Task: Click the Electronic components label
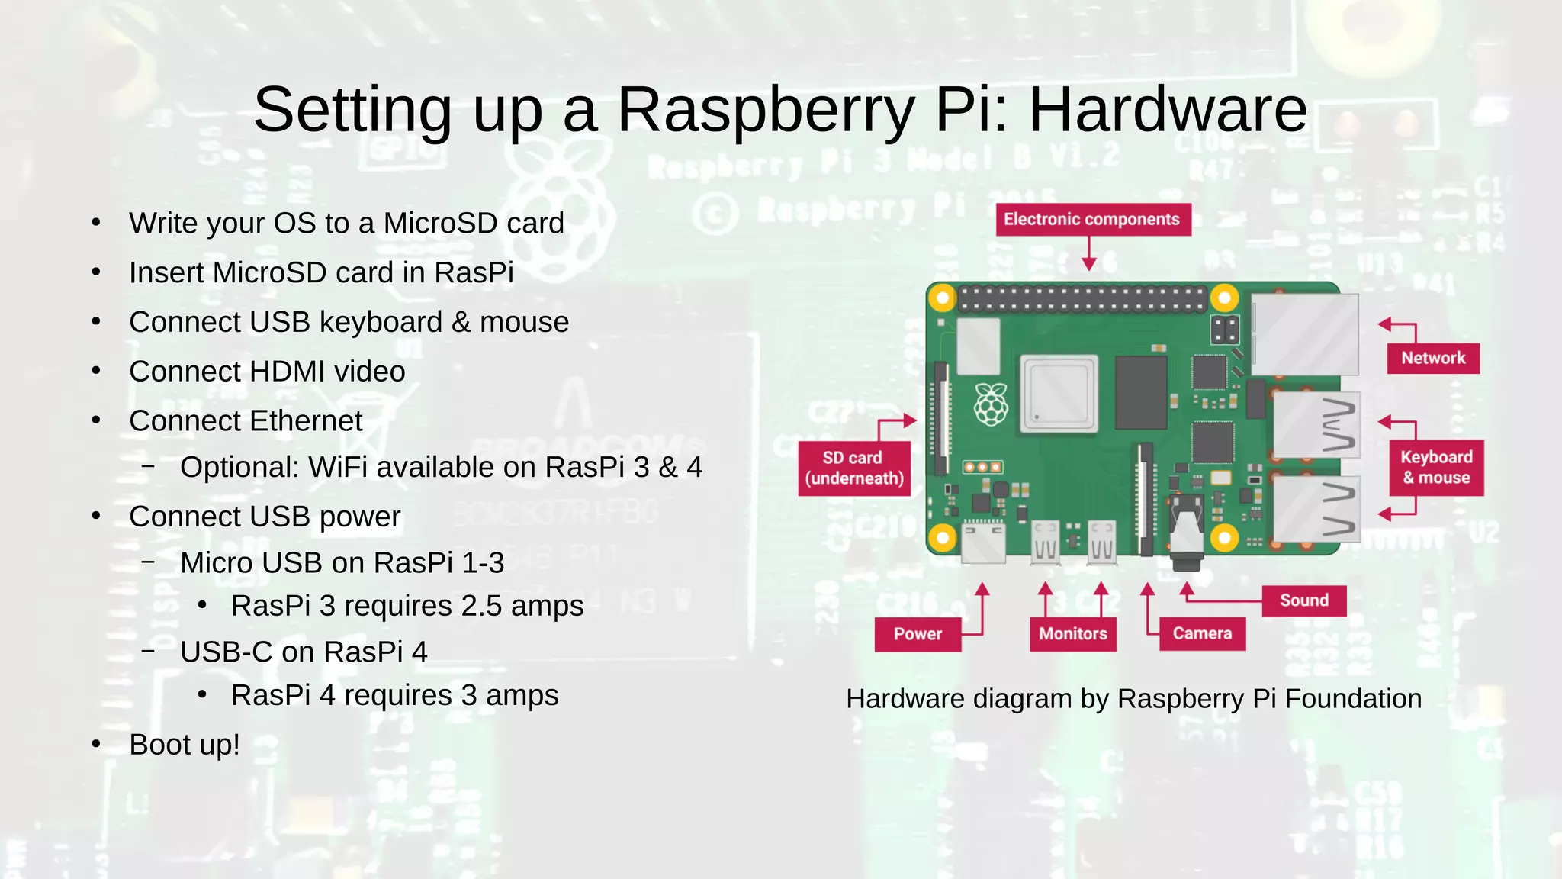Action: (1092, 220)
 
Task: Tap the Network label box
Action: (1433, 358)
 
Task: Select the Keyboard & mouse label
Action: (1436, 467)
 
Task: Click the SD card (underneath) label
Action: (854, 468)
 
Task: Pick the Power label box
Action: (918, 634)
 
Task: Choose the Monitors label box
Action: (1072, 634)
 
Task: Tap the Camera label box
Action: (1202, 634)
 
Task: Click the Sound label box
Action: (1303, 600)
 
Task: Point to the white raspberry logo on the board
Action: (991, 404)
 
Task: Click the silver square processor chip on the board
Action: (1059, 394)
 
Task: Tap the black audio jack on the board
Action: (1187, 538)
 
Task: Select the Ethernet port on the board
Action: (1305, 334)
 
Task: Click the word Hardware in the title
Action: (1168, 110)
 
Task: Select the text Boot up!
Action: (185, 745)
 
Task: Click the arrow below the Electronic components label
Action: (1089, 254)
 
